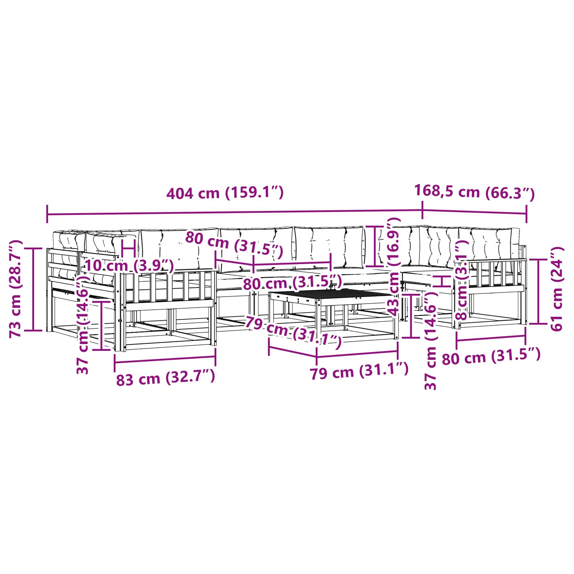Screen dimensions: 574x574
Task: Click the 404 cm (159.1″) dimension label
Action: click(225, 193)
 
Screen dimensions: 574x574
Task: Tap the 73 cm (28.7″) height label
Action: click(16, 289)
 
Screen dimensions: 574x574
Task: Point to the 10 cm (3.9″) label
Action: click(129, 266)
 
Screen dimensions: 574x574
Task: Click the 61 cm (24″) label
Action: click(557, 289)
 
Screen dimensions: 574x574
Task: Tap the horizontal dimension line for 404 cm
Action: click(235, 213)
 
